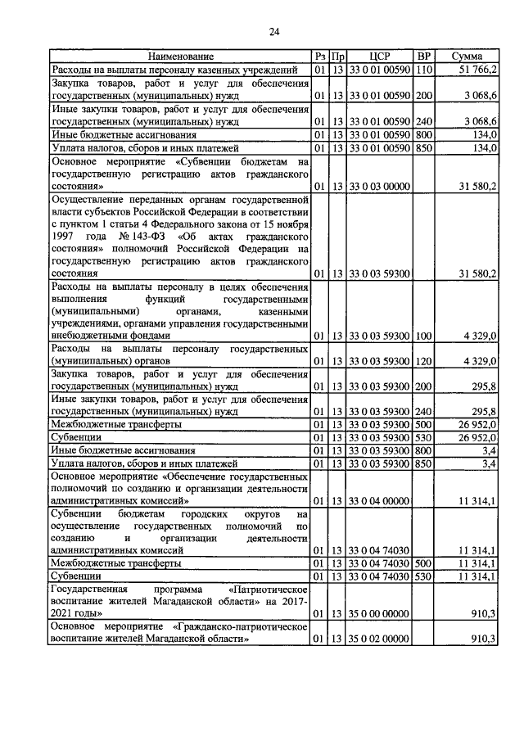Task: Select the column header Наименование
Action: tap(180, 56)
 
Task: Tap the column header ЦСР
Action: tap(380, 56)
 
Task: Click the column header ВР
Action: tap(423, 56)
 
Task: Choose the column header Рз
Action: tap(320, 56)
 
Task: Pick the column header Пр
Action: tap(337, 56)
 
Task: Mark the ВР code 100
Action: tap(423, 336)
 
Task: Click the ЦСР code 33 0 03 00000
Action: tap(379, 186)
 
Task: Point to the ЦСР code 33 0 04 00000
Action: tap(379, 500)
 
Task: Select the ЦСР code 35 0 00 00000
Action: tap(379, 612)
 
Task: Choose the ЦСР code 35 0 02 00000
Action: tap(379, 639)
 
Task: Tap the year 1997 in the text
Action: tap(65, 236)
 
